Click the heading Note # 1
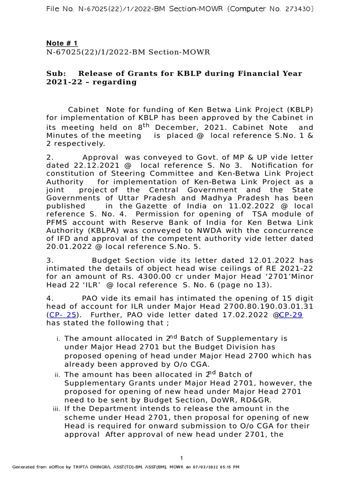62,44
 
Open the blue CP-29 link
291,315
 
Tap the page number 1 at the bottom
181,457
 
